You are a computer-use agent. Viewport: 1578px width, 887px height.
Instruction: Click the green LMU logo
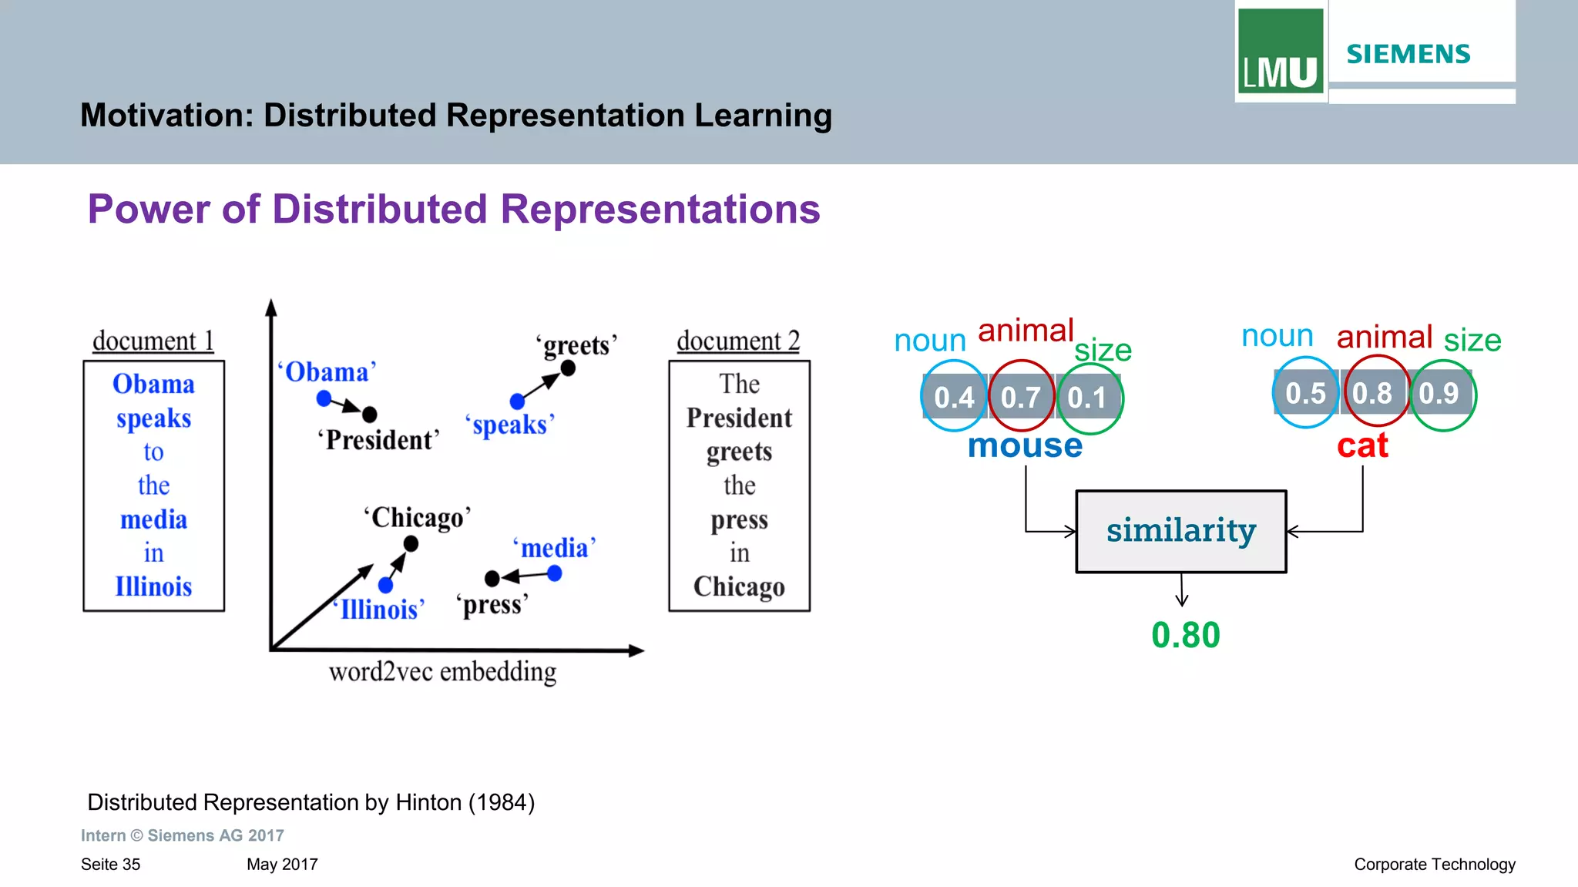[x=1280, y=52]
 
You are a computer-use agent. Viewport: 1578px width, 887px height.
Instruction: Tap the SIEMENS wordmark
[x=1408, y=54]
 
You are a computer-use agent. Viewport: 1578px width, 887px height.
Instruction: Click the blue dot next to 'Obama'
[x=324, y=398]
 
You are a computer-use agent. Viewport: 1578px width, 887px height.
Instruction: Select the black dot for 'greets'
[x=568, y=368]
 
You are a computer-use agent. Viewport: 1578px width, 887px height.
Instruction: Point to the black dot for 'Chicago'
[x=411, y=544]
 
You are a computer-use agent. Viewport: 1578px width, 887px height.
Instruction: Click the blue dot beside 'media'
[x=555, y=573]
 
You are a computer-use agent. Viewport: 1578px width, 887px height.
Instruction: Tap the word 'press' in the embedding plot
[x=492, y=605]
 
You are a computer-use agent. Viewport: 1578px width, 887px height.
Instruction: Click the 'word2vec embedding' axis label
[x=442, y=672]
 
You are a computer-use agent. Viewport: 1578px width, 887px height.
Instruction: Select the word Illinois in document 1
[x=153, y=586]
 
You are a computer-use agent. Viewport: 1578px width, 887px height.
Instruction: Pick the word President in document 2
[x=739, y=418]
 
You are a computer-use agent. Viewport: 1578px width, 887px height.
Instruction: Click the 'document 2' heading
[x=738, y=341]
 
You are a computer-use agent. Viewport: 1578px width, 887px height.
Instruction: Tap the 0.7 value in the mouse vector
[x=1020, y=398]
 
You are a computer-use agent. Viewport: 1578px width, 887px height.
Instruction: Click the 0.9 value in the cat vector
[x=1439, y=394]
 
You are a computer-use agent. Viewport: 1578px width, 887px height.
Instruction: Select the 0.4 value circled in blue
[x=954, y=398]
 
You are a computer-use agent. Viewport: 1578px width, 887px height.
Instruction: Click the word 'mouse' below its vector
[x=1025, y=445]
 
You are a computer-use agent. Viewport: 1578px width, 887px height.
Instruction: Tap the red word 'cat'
[x=1362, y=445]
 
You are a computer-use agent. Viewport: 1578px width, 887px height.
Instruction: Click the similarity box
[x=1181, y=531]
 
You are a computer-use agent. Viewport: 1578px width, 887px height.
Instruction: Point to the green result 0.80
[x=1186, y=636]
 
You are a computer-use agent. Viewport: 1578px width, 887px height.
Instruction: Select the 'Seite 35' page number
[x=110, y=865]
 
